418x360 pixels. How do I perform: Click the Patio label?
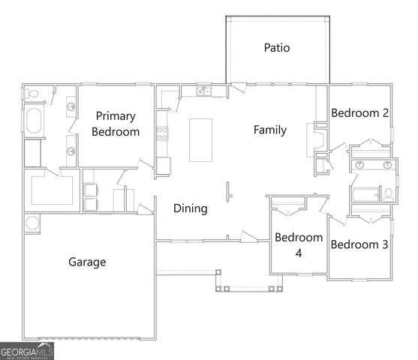pos(276,48)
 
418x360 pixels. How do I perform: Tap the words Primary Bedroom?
pos(116,124)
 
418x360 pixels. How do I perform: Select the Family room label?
pos(269,130)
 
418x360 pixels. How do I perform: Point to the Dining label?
pos(190,208)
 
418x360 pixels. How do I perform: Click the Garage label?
pos(87,262)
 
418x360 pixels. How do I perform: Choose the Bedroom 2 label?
pos(359,113)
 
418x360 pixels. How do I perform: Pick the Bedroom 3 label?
pos(359,244)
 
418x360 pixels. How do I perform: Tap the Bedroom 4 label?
pos(298,245)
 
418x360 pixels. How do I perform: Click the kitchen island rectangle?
pos(200,139)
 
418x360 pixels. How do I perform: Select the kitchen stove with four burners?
pos(161,135)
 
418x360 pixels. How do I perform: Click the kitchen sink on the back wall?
pos(203,92)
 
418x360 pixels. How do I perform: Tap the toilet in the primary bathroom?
pos(32,94)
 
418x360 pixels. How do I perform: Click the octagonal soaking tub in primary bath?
pos(35,122)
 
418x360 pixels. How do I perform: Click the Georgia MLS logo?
pos(24,351)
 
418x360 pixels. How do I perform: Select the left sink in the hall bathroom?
pos(359,164)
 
